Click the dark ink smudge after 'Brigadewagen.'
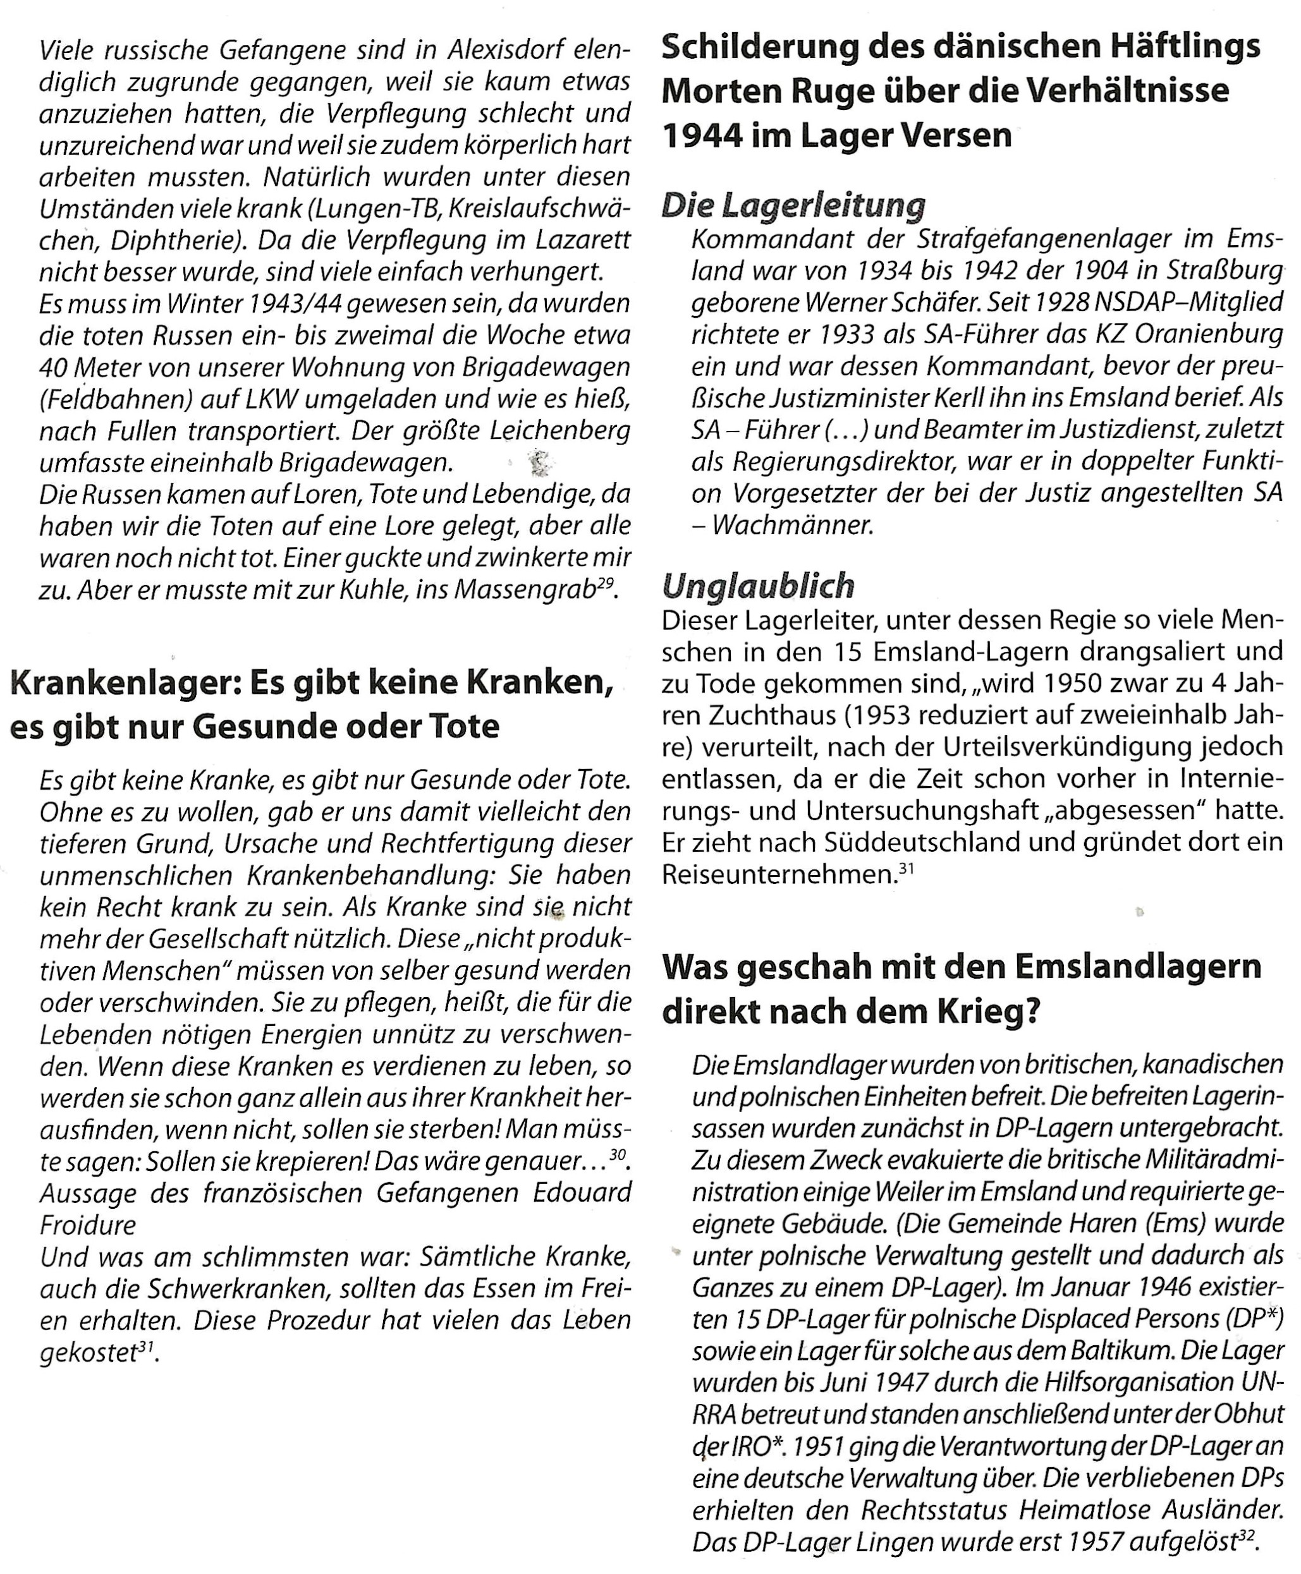click(541, 463)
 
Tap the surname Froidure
click(88, 1225)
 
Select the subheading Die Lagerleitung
click(793, 205)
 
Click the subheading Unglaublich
click(759, 585)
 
